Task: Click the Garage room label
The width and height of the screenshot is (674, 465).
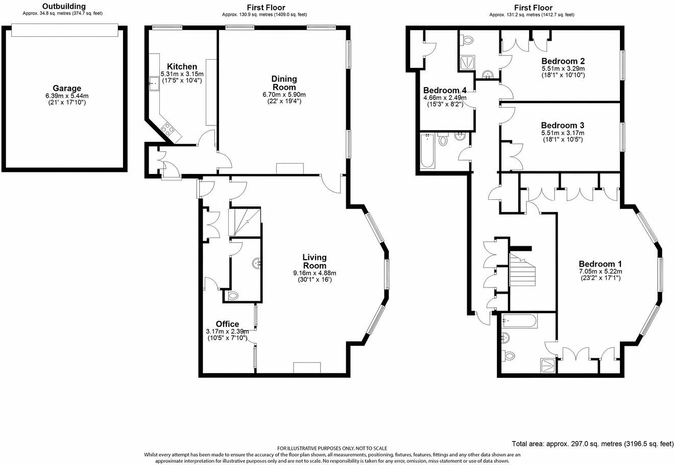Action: pos(66,88)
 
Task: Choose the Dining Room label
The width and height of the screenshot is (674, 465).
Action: pos(284,83)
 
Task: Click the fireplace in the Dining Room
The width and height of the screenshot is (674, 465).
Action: pos(290,169)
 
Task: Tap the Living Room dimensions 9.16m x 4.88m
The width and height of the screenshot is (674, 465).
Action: pos(315,273)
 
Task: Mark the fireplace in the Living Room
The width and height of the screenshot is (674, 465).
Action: pos(306,368)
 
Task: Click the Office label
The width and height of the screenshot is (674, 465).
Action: pos(227,324)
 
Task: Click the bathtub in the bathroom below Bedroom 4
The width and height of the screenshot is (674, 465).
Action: pos(427,150)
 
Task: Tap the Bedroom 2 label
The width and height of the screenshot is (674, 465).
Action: pos(563,61)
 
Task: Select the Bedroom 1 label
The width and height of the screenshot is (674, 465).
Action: pos(600,264)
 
